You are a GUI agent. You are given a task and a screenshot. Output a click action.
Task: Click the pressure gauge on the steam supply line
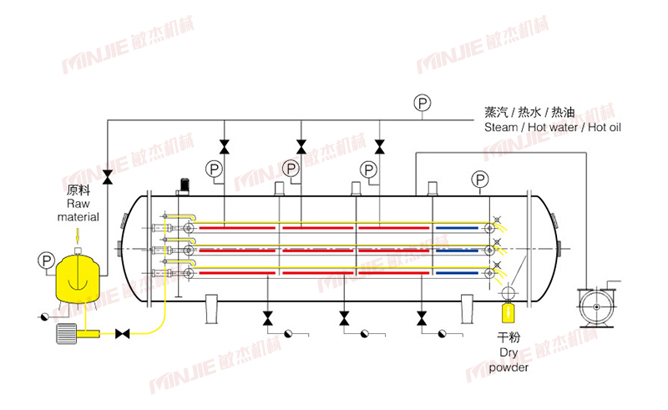[423, 103]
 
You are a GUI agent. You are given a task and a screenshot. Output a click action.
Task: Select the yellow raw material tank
[77, 278]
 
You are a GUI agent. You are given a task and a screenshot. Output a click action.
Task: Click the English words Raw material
[78, 210]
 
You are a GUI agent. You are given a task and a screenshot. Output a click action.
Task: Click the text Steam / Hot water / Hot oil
[552, 128]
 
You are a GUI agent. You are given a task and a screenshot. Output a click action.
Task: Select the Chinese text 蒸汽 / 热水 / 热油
[529, 112]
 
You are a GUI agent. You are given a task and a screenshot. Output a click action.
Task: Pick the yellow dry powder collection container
[507, 313]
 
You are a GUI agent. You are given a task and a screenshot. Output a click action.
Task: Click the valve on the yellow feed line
[123, 334]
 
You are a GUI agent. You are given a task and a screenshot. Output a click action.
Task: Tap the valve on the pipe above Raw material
[108, 176]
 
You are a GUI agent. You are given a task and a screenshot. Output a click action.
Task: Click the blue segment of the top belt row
[457, 226]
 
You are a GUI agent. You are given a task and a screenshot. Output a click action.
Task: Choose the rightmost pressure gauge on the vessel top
[480, 179]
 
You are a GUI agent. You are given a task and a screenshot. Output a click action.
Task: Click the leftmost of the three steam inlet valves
[224, 147]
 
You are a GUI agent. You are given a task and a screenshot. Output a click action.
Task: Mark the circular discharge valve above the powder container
[507, 291]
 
